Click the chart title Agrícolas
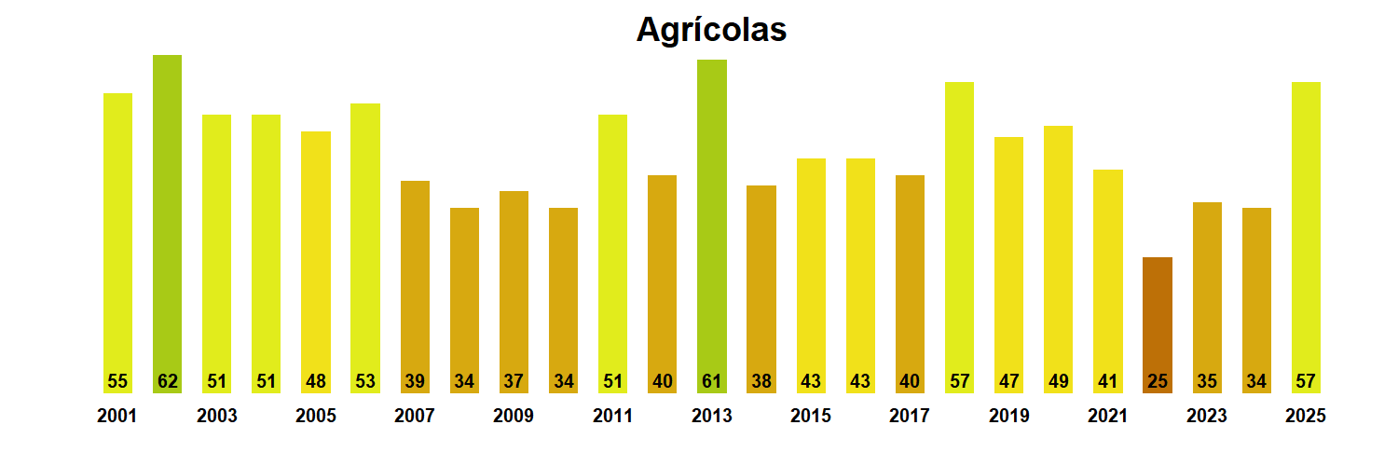[711, 30]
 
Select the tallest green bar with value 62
[167, 224]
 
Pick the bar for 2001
[117, 242]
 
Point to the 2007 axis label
[415, 417]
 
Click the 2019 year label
[1008, 417]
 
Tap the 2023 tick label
[1207, 417]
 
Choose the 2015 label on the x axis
[811, 417]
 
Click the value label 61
[711, 381]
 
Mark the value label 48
[316, 381]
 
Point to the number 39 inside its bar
[415, 381]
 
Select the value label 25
[1157, 381]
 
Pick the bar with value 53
[365, 248]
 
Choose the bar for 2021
[1107, 281]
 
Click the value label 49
[1058, 381]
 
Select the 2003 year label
[216, 417]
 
